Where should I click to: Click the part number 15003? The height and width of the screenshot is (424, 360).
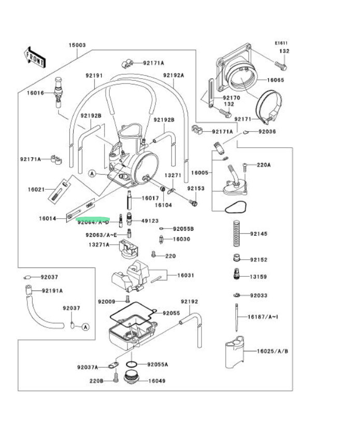click(x=77, y=46)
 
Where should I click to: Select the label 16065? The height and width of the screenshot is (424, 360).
click(x=276, y=80)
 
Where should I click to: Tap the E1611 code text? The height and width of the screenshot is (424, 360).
click(x=281, y=44)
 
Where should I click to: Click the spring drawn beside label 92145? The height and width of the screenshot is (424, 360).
click(x=236, y=233)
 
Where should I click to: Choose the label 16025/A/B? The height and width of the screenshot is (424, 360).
click(x=272, y=351)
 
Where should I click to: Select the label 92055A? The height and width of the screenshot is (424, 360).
click(x=157, y=364)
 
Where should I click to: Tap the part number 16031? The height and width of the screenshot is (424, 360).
click(x=185, y=275)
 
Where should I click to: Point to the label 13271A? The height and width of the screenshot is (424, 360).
click(x=98, y=245)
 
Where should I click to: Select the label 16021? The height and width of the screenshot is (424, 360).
click(x=37, y=190)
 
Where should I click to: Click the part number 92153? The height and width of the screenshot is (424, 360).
click(x=196, y=189)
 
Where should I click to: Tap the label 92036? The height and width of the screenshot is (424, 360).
click(x=267, y=132)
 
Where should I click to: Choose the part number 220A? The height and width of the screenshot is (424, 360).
click(x=264, y=165)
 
